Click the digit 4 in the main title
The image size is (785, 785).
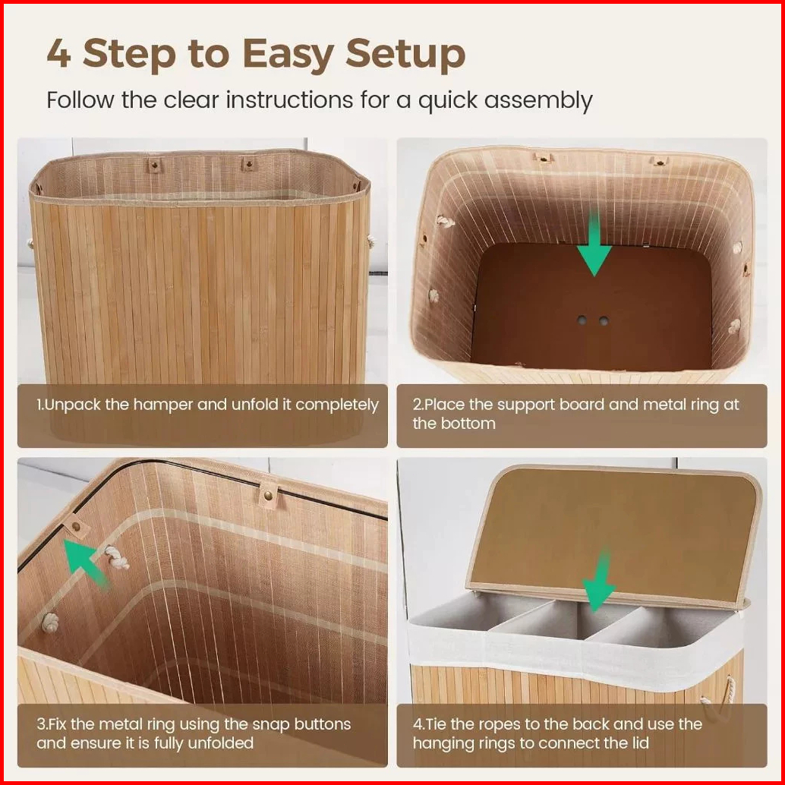58,53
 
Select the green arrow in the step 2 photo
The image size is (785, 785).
594,243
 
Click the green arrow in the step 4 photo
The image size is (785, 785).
599,582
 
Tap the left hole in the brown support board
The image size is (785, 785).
582,320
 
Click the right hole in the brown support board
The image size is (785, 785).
604,320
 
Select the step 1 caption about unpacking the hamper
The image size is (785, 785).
207,405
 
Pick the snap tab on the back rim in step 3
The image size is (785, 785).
268,496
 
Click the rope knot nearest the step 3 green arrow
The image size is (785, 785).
117,557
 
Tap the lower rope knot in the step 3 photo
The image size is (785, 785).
50,623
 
